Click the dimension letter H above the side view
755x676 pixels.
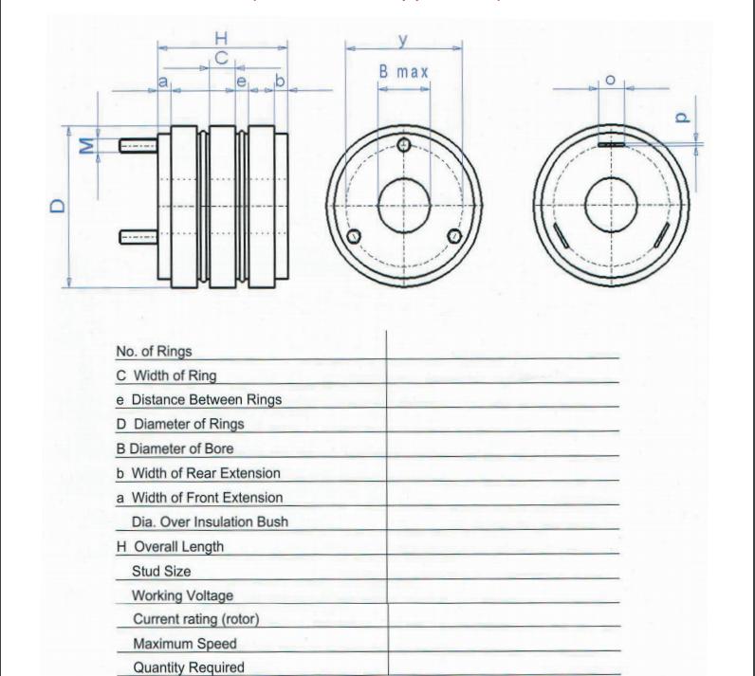pos(221,38)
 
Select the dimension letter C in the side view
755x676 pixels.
pos(220,59)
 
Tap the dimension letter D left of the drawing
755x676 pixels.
pos(58,205)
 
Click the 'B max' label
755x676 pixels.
pos(403,72)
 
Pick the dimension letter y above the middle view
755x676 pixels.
pos(403,38)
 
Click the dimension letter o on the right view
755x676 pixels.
pos(610,80)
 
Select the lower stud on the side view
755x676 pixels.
pos(138,235)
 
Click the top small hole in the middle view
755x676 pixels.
pos(404,145)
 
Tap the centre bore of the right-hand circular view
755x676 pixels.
pos(610,205)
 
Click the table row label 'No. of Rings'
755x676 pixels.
pos(154,351)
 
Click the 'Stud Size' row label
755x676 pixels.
pos(161,571)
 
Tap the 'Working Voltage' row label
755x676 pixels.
pos(182,595)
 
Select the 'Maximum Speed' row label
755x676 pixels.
pos(184,644)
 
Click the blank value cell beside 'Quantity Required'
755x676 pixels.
pos(503,666)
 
